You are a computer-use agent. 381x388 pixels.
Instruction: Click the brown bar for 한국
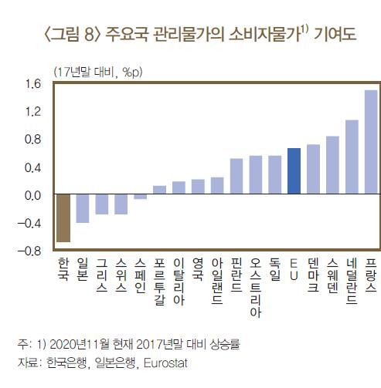[63, 218]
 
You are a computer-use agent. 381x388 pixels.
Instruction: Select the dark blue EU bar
[294, 171]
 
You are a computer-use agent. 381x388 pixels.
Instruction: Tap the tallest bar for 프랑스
[370, 143]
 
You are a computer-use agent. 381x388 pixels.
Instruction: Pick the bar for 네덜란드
[352, 157]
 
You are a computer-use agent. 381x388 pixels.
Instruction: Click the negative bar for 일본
[83, 209]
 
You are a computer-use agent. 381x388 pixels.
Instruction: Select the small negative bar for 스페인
[140, 197]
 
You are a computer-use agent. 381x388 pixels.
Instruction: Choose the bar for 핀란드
[236, 177]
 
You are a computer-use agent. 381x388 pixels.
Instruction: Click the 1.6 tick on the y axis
[32, 84]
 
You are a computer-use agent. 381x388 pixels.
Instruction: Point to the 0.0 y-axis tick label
[32, 195]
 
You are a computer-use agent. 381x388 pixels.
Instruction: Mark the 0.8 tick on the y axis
[32, 140]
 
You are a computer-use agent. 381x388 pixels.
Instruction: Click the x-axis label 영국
[198, 268]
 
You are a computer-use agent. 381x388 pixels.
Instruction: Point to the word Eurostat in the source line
[165, 362]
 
